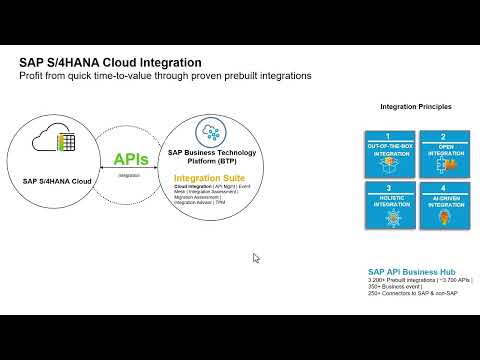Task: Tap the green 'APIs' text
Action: click(x=131, y=159)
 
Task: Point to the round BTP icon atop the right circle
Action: click(x=210, y=131)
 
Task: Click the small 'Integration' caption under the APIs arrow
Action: click(x=129, y=175)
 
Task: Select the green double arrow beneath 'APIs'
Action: click(x=130, y=169)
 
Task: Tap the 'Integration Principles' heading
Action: click(x=415, y=106)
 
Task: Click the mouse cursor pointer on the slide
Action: click(x=256, y=258)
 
